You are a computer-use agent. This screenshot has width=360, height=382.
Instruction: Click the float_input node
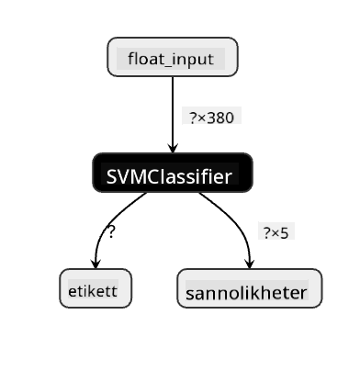(173, 57)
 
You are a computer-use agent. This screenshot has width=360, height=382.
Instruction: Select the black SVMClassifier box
(173, 173)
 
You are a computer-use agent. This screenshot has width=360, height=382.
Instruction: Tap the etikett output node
(96, 288)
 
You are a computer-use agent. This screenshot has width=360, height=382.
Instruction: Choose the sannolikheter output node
(250, 288)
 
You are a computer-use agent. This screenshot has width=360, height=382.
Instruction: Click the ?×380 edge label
(212, 118)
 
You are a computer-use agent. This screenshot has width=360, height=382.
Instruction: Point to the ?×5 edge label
(276, 233)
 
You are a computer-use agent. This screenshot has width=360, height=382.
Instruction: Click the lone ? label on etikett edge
(111, 232)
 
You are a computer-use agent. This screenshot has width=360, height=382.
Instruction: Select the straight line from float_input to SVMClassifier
(173, 114)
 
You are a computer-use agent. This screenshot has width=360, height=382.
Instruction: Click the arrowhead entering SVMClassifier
(173, 148)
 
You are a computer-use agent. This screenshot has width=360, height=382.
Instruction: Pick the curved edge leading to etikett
(107, 223)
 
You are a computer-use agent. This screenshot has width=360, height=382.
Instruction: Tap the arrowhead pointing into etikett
(96, 264)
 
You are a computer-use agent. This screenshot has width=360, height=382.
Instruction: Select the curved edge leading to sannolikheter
(236, 221)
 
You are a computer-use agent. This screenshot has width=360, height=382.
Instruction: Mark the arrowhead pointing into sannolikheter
(250, 264)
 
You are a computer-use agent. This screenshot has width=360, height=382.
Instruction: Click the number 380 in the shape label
(220, 118)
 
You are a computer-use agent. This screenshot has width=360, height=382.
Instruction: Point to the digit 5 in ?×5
(285, 233)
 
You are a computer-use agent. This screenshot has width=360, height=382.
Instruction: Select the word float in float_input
(143, 58)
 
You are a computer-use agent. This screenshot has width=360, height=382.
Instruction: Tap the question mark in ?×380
(194, 118)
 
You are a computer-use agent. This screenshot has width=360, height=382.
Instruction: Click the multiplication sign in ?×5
(276, 234)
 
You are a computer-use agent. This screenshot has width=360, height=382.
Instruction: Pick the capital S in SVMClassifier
(111, 176)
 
